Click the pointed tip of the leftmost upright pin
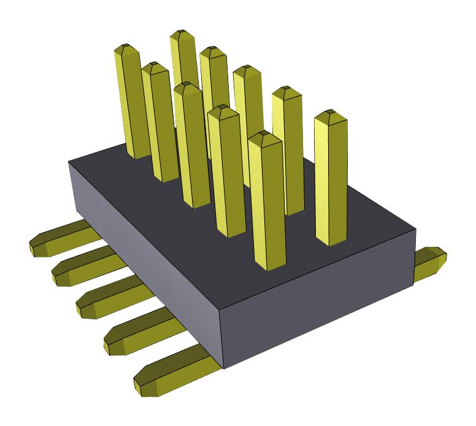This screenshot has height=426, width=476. [x=125, y=48]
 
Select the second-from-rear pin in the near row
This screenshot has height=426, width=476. [x=158, y=123]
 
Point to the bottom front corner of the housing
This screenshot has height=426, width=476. [x=225, y=368]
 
